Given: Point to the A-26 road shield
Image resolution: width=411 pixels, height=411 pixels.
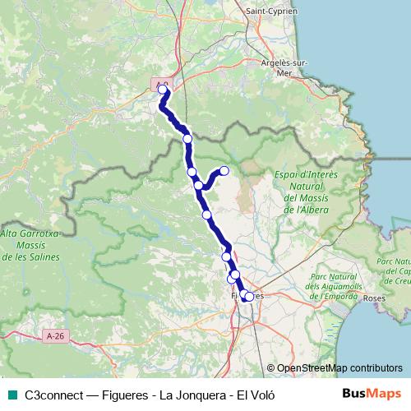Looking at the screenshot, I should pos(56,336).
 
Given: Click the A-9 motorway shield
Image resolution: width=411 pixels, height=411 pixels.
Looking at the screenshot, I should pos(162,82).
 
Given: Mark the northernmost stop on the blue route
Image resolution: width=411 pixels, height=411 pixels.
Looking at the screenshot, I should pos(162,90).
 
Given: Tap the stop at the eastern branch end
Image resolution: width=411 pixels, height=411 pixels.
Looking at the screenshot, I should pos(224,171).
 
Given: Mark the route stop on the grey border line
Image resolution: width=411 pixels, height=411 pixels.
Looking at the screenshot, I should pos(187,139).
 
